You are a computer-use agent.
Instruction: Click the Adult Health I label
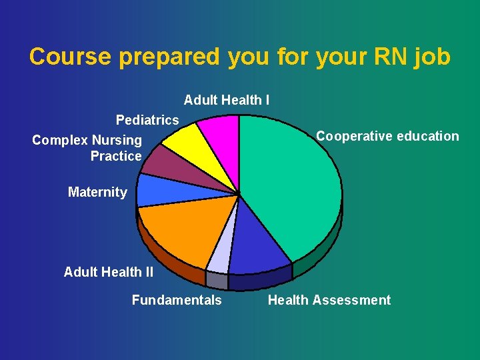(x=227, y=100)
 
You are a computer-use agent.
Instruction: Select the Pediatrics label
(x=147, y=120)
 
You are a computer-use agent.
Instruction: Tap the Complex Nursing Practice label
(x=87, y=148)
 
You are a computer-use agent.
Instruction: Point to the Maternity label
(x=97, y=192)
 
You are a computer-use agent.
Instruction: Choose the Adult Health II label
(x=109, y=272)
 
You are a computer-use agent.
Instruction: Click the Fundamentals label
(x=177, y=300)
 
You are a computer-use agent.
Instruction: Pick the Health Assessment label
(x=329, y=300)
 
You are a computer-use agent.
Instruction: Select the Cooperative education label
(x=387, y=136)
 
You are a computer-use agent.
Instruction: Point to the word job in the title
(x=431, y=57)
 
